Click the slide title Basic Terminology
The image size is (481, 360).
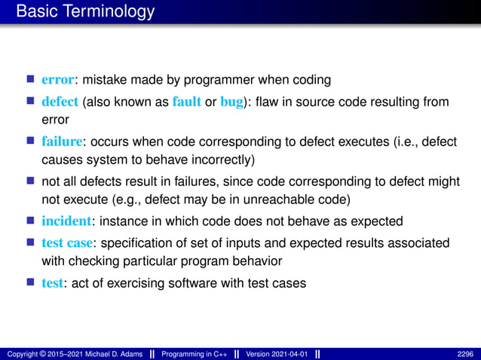[85, 11]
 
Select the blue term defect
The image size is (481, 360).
[60, 102]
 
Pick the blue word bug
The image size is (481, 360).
[230, 102]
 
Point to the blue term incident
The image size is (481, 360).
[66, 221]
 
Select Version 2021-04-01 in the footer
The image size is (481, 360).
[277, 353]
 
